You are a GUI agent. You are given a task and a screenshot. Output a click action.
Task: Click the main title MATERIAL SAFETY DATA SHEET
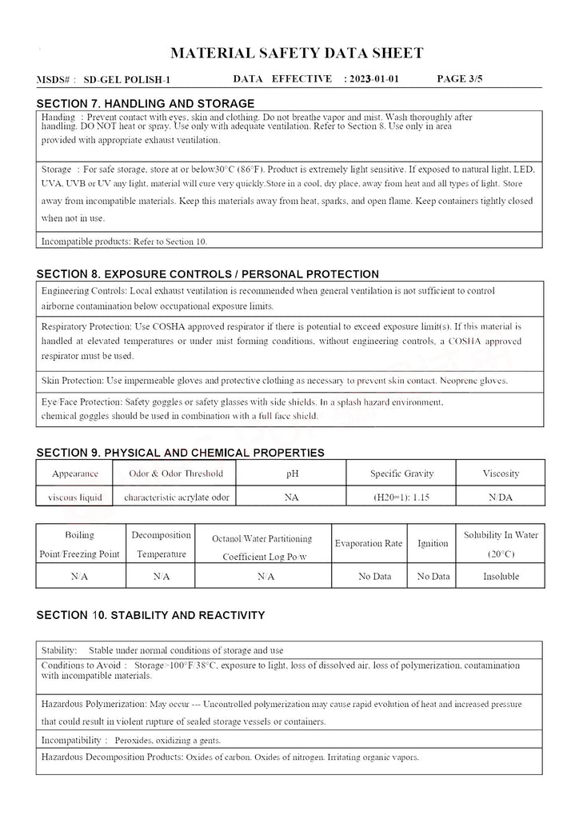[297, 54]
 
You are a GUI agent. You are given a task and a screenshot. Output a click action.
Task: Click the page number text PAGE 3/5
[461, 79]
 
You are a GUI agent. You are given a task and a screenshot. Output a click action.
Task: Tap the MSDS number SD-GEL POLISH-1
[127, 80]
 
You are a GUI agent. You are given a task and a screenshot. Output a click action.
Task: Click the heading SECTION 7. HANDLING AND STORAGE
[146, 103]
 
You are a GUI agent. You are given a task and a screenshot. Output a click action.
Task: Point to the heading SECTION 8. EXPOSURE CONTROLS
[208, 274]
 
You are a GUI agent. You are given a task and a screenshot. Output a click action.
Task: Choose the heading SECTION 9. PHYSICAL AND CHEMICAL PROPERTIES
[181, 453]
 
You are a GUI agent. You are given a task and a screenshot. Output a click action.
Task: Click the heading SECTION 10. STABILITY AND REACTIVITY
[150, 615]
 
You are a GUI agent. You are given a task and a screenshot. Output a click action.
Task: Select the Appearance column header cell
[75, 473]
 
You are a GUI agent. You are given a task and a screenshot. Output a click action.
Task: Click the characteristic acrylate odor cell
[177, 497]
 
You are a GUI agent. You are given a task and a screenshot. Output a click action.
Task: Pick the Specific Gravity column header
[401, 473]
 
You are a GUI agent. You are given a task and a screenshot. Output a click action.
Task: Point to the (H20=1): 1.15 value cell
[401, 497]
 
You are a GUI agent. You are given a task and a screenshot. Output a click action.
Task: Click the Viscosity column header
[501, 473]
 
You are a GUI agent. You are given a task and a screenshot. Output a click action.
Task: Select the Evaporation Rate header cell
[369, 544]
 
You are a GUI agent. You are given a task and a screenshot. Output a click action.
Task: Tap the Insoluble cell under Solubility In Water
[501, 576]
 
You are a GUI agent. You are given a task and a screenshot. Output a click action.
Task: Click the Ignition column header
[433, 544]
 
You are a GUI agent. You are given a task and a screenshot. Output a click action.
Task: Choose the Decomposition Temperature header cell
[161, 544]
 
